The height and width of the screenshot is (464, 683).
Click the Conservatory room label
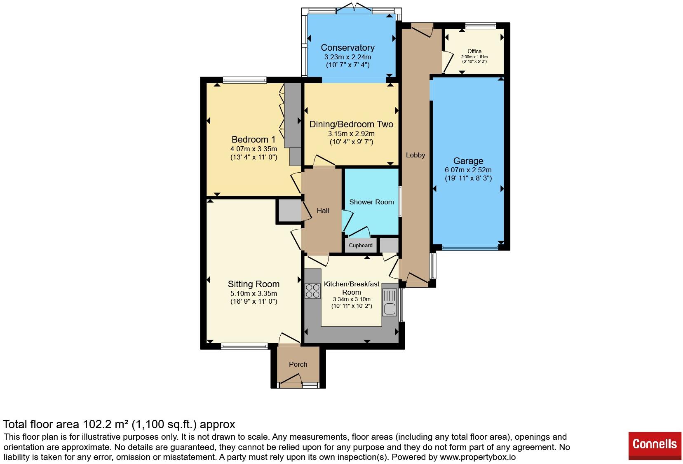347,47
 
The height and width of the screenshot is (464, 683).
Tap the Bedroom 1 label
253,139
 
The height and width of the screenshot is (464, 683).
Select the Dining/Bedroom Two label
351,124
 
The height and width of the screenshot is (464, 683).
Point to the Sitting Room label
253,284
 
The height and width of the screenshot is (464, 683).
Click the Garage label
468,161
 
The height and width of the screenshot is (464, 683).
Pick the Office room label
474,51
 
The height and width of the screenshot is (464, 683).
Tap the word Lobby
415,155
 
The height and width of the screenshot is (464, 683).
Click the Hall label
323,211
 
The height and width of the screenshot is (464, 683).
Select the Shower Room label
371,202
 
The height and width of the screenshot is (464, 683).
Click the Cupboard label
361,246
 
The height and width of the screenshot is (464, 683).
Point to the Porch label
298,364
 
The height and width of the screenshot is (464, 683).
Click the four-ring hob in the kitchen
312,291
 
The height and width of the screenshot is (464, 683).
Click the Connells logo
655,446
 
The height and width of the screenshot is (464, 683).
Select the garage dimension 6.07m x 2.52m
468,170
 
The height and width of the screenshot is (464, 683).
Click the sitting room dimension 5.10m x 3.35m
253,293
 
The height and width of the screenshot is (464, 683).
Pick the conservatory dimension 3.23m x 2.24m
347,57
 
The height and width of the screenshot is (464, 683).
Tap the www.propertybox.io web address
478,457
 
